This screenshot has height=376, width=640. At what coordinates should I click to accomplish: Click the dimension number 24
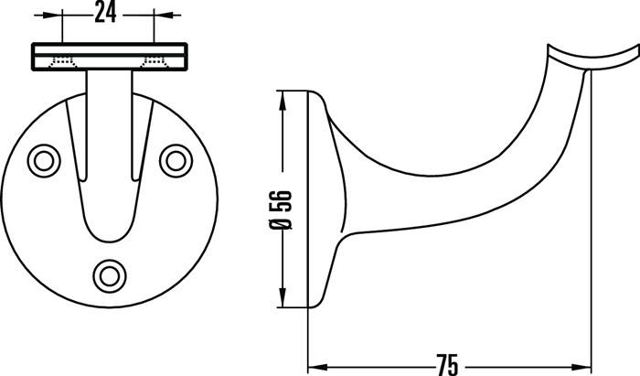click(x=109, y=12)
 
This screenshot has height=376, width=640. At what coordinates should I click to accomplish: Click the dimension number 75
click(x=446, y=363)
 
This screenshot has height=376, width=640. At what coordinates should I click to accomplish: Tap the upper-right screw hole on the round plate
click(x=173, y=160)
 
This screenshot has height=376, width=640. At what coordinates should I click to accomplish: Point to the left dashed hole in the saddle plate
click(x=63, y=62)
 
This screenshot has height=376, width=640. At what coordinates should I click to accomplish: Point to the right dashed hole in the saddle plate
click(x=155, y=62)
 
